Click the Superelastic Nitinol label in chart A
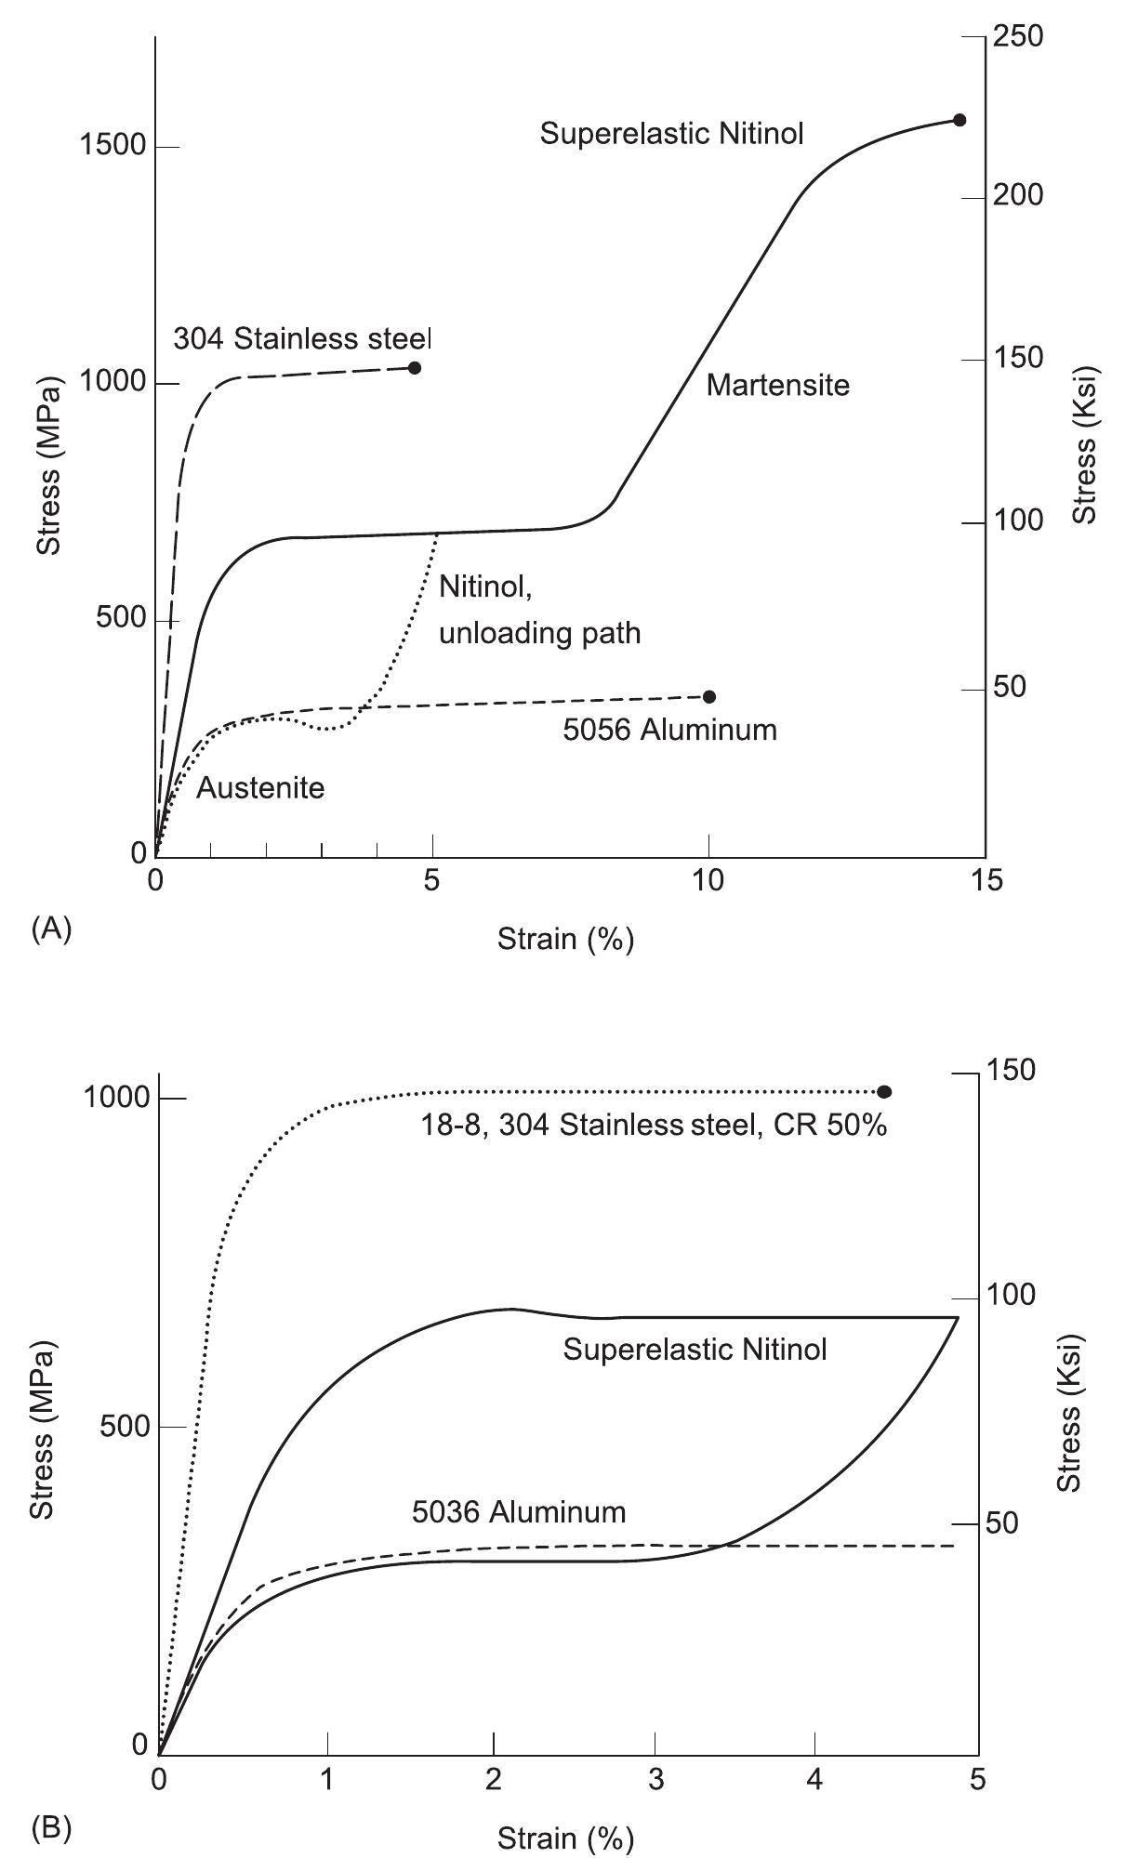pyautogui.click(x=671, y=134)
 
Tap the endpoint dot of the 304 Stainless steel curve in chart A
pyautogui.click(x=415, y=368)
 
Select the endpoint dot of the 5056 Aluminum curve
pyautogui.click(x=708, y=697)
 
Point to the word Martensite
pyautogui.click(x=777, y=385)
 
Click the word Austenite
pyautogui.click(x=260, y=788)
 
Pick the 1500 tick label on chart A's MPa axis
pyautogui.click(x=112, y=147)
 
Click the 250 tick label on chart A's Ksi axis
pyautogui.click(x=1017, y=36)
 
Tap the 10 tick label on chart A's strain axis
pyautogui.click(x=708, y=879)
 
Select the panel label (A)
pyautogui.click(x=51, y=929)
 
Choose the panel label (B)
pyautogui.click(x=51, y=1829)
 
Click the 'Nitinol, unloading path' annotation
pyautogui.click(x=539, y=611)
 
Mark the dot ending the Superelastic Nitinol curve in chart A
pyautogui.click(x=960, y=120)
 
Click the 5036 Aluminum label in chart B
pyautogui.click(x=519, y=1512)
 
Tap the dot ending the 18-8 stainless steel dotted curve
pyautogui.click(x=883, y=1092)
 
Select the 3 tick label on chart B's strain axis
pyautogui.click(x=656, y=1782)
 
